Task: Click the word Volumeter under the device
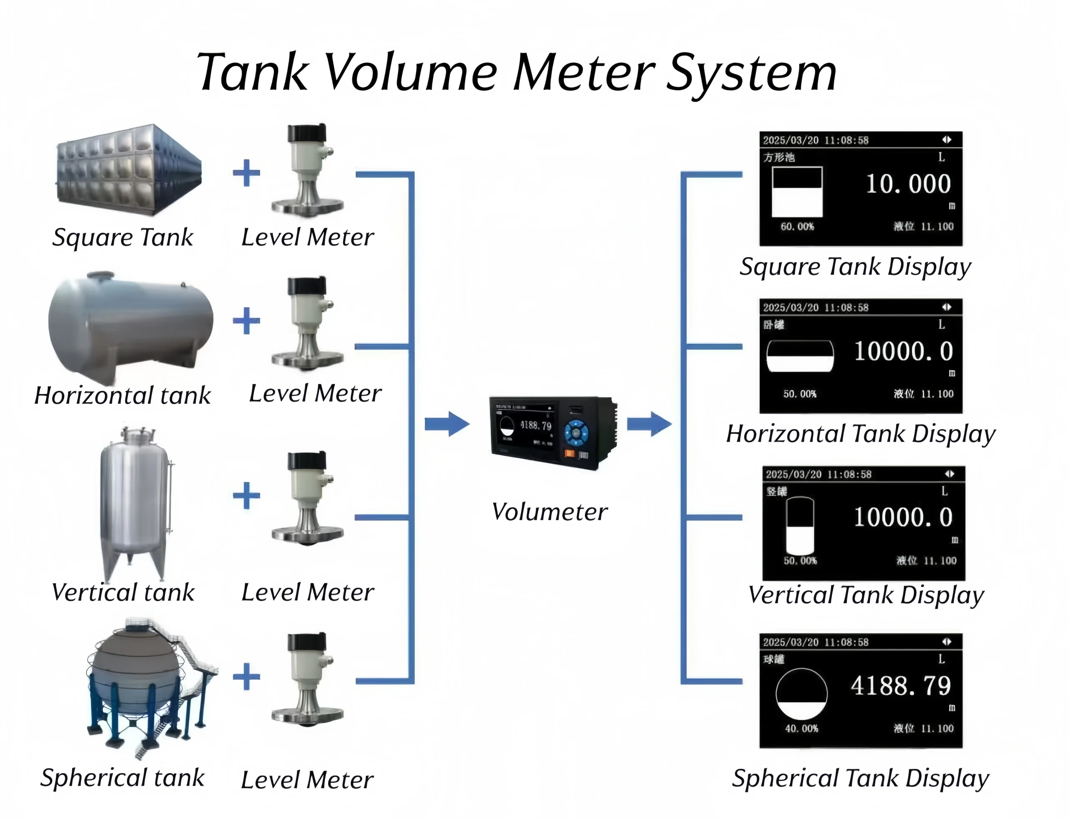550,512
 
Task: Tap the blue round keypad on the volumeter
576,432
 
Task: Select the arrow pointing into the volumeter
447,424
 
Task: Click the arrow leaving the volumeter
648,424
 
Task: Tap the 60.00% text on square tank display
797,227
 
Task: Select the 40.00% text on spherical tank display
801,728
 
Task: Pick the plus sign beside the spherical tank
246,676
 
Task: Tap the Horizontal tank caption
122,395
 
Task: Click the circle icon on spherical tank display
801,694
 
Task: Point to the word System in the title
751,73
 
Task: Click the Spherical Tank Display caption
860,778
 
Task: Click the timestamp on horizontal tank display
816,308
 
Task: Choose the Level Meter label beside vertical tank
307,592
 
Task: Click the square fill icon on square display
797,192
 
